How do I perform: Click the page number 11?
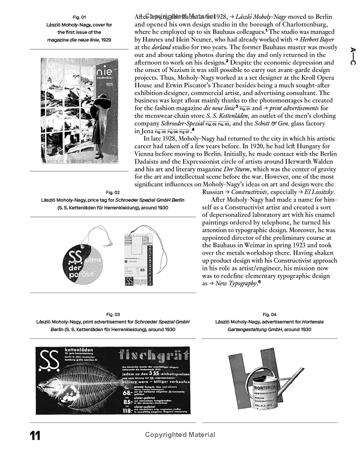pos(35,436)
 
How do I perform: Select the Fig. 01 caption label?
pos(79,18)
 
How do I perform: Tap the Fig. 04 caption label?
pos(269,315)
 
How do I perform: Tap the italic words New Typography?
pos(235,283)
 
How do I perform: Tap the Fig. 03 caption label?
pos(113,315)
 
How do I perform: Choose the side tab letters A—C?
pos(353,56)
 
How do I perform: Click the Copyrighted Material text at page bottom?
pos(180,435)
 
